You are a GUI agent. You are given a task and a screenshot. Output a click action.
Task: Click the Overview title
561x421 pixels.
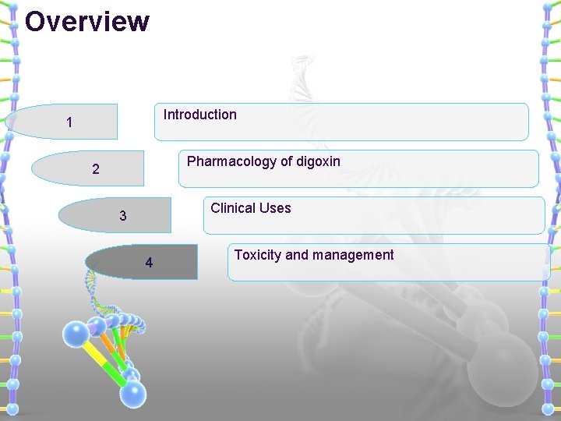click(x=86, y=21)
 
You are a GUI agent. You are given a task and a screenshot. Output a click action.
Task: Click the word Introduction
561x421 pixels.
click(x=199, y=115)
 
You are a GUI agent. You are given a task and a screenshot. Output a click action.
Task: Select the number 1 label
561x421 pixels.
click(x=69, y=122)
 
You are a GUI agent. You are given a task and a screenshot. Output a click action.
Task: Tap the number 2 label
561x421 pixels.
click(x=95, y=169)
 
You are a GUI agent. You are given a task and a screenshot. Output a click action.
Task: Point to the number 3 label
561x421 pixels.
click(x=122, y=216)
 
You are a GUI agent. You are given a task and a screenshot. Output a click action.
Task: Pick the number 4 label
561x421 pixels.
click(x=149, y=263)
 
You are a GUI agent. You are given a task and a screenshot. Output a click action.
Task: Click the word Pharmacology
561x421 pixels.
click(x=231, y=161)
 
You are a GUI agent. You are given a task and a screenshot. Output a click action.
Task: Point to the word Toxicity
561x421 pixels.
click(x=258, y=255)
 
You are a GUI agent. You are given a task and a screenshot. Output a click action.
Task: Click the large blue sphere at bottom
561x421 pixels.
click(x=133, y=393)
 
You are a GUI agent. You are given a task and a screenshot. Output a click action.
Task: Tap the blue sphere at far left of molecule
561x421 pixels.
click(x=76, y=334)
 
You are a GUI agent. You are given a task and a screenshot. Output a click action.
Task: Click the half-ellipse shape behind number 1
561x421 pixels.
click(x=39, y=122)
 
